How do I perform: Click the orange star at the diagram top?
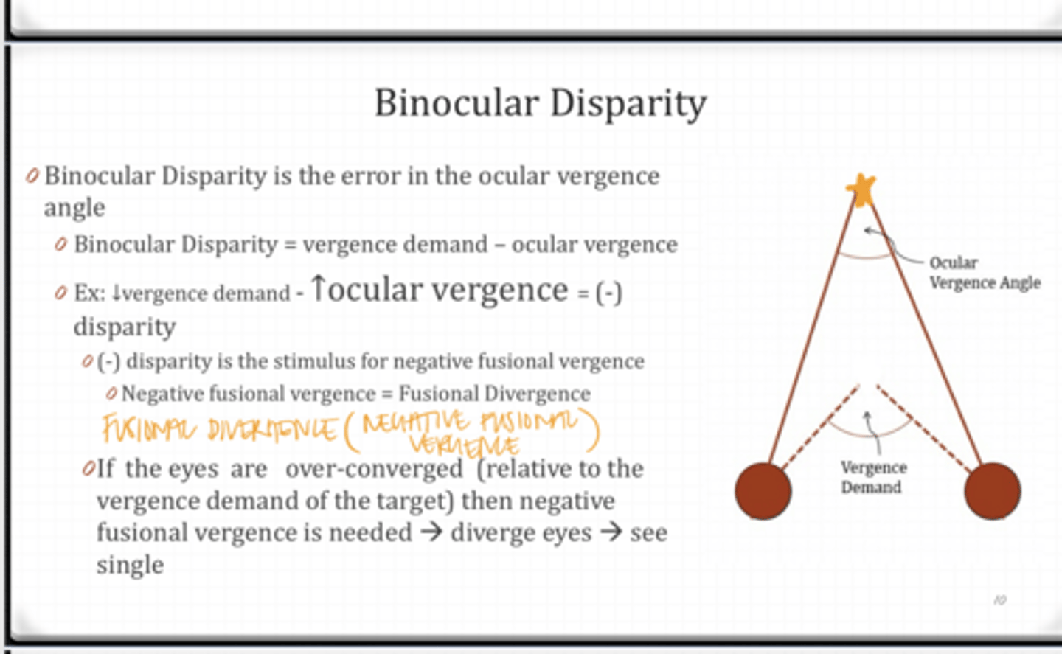pos(861,189)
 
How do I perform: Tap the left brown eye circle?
pos(763,491)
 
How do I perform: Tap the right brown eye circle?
pos(992,491)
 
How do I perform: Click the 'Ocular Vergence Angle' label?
pos(984,273)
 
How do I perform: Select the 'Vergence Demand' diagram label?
pos(872,477)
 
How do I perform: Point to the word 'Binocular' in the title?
pos(457,103)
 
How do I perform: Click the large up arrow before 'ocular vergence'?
pos(318,288)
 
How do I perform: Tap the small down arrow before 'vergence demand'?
pos(116,293)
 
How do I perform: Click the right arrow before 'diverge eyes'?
pos(431,532)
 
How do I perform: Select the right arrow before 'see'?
pos(611,532)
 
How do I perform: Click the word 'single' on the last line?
pos(130,565)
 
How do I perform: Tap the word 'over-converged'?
pos(374,469)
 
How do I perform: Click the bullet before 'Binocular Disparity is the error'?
pos(32,176)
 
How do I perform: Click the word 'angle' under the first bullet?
pos(74,208)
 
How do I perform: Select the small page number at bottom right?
pos(999,600)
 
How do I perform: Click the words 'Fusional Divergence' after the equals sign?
pos(494,394)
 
